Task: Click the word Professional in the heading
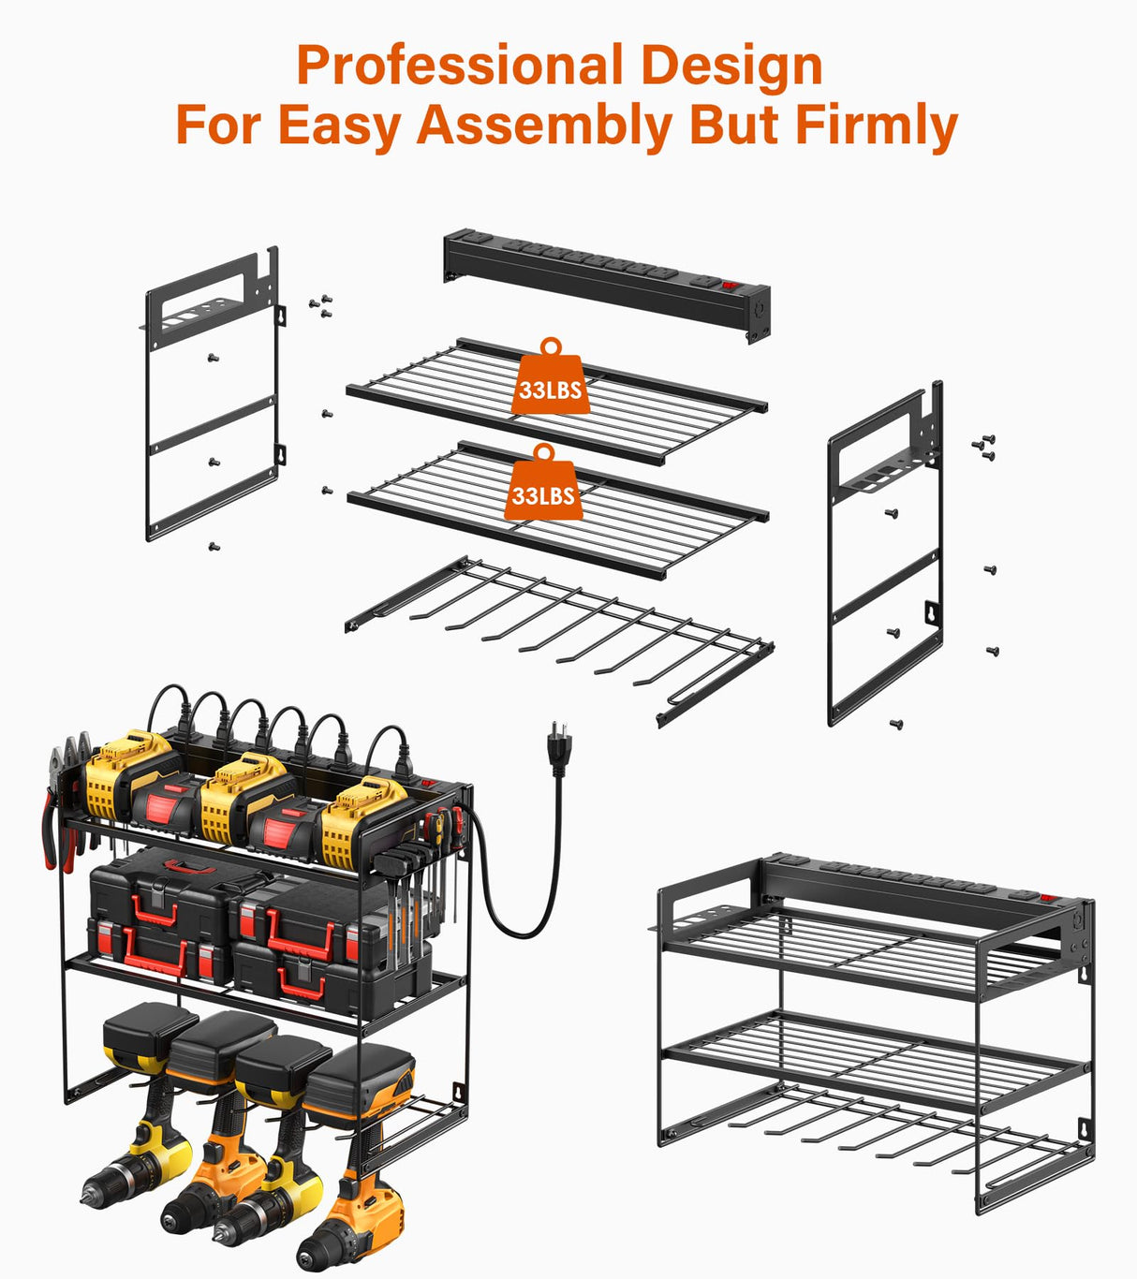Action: coord(460,66)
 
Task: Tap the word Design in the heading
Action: coord(731,66)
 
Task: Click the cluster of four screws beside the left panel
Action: coord(320,304)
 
